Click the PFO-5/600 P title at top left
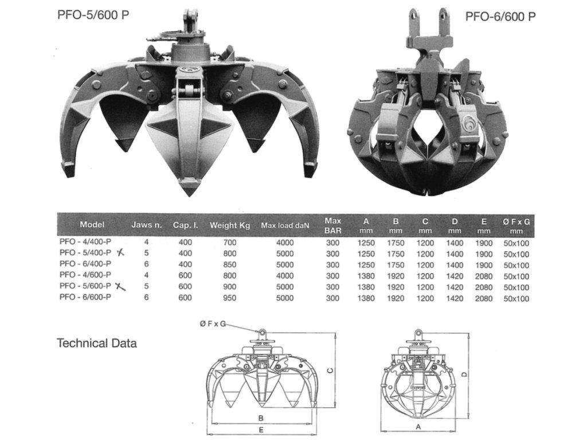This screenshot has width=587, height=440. click(x=93, y=15)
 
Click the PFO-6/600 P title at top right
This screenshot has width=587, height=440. click(x=500, y=17)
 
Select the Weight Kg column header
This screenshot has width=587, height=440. click(x=229, y=225)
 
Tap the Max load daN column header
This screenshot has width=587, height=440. click(x=285, y=225)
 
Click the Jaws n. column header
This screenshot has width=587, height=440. click(x=146, y=225)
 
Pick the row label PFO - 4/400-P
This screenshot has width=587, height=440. click(x=85, y=242)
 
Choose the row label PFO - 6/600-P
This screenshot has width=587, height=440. click(x=85, y=297)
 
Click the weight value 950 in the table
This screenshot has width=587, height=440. click(x=229, y=298)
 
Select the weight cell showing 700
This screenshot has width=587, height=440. click(x=229, y=242)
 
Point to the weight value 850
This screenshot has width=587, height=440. click(x=229, y=265)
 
